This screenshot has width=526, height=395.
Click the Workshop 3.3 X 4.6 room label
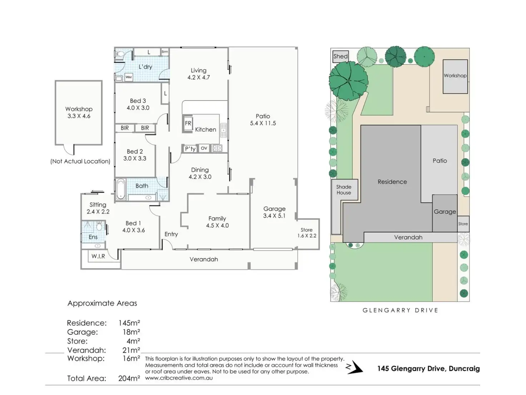79,112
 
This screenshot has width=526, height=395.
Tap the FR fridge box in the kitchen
188,123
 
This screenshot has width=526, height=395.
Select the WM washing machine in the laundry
128,77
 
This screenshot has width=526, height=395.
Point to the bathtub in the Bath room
120,189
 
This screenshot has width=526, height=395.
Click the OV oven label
204,148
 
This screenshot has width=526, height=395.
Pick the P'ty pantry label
190,148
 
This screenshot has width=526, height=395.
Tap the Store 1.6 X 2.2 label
307,233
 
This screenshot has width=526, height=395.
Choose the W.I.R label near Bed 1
98,256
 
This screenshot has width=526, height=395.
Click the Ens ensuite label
93,237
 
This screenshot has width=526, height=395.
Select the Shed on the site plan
340,56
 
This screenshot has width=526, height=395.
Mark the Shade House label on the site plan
344,190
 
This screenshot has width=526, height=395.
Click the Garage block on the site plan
445,212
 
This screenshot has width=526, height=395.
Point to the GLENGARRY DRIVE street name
400,310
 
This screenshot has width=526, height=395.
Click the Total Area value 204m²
129,378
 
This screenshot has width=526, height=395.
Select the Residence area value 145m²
129,323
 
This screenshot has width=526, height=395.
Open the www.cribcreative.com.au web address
179,378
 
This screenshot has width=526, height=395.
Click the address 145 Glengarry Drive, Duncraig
428,369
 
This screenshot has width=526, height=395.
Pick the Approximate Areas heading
102,303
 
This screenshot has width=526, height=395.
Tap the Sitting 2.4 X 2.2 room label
98,208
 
